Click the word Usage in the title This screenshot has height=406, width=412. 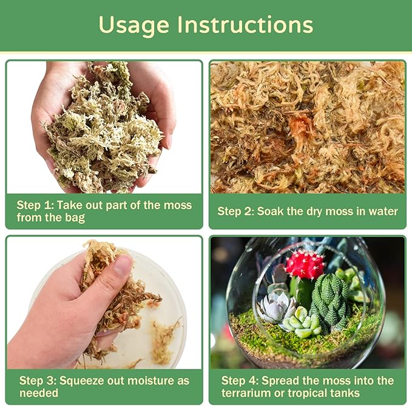(134, 25)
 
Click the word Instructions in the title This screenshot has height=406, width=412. (245, 25)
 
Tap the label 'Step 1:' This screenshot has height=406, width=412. (36, 205)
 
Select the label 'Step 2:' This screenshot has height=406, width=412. (236, 212)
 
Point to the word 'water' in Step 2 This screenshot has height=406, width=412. (381, 212)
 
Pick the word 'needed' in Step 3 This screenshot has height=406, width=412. (39, 393)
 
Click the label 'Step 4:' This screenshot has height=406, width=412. (240, 381)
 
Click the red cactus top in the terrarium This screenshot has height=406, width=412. (305, 265)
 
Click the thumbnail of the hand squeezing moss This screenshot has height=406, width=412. (103, 302)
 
